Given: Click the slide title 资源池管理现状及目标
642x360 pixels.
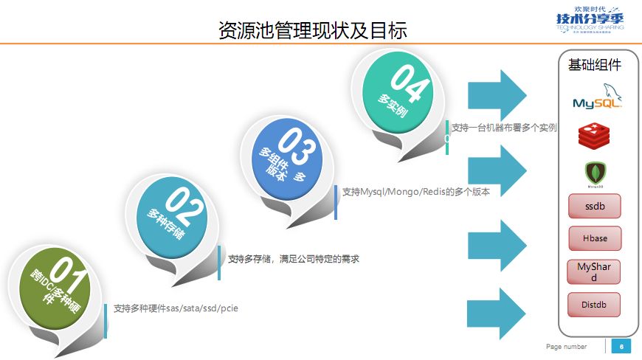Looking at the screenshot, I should [x=313, y=30].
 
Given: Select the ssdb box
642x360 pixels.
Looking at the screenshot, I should [x=594, y=207].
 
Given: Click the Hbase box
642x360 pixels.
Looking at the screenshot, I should [x=594, y=238].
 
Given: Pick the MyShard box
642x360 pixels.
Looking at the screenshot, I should [x=594, y=271].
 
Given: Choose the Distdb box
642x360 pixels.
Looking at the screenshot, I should [x=594, y=304].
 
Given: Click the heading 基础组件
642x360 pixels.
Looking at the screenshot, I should [x=594, y=65].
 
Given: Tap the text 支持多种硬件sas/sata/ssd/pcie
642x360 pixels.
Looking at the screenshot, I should [x=176, y=308].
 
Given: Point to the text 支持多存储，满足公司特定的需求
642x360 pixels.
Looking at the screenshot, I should [x=293, y=259].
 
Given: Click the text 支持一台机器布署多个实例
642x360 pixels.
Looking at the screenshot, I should [x=504, y=128].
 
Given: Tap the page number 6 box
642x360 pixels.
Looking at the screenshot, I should [x=621, y=346].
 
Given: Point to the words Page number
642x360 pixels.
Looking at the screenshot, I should [x=566, y=347].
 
